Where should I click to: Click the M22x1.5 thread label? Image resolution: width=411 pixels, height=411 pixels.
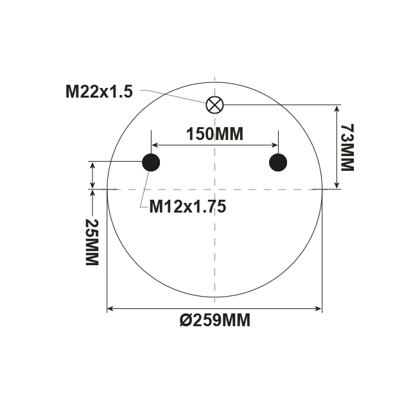point(99,91)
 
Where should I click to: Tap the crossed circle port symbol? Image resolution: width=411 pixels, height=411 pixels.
point(214,104)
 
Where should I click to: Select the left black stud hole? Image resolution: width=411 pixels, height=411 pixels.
point(150,162)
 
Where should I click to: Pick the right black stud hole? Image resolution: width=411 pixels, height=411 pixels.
point(278,162)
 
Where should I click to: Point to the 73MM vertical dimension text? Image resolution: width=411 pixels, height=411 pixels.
point(347,147)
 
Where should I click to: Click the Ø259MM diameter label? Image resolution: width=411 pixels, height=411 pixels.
point(214,320)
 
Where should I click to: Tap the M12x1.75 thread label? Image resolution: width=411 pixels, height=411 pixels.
point(188,207)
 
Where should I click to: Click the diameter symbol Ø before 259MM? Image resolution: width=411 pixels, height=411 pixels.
point(185,320)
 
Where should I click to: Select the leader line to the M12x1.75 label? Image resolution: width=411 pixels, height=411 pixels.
point(144,189)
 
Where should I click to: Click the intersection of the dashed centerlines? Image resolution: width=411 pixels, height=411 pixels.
point(214,189)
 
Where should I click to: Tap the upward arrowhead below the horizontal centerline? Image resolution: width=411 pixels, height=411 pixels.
point(94,193)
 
